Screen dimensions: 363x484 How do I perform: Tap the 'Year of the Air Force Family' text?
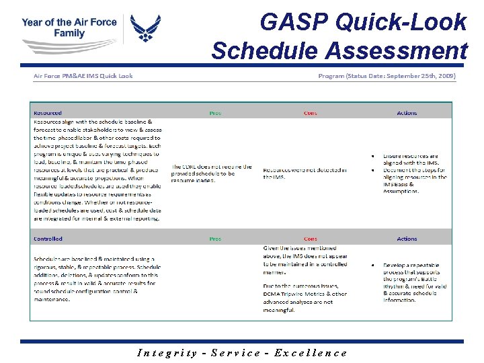click(69, 28)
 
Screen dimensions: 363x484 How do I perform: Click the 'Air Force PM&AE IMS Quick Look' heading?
click(83, 76)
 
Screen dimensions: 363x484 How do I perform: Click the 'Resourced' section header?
click(48, 113)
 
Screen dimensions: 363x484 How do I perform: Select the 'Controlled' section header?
click(48, 239)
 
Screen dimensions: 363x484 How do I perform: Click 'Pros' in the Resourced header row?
click(215, 113)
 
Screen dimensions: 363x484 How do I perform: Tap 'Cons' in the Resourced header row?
click(310, 113)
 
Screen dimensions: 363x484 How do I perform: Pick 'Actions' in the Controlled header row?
click(407, 239)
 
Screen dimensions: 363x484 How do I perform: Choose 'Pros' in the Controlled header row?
click(215, 239)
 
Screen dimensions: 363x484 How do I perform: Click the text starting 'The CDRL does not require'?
click(212, 173)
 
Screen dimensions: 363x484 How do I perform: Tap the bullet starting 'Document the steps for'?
click(414, 180)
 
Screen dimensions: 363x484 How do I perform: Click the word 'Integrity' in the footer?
click(167, 353)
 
